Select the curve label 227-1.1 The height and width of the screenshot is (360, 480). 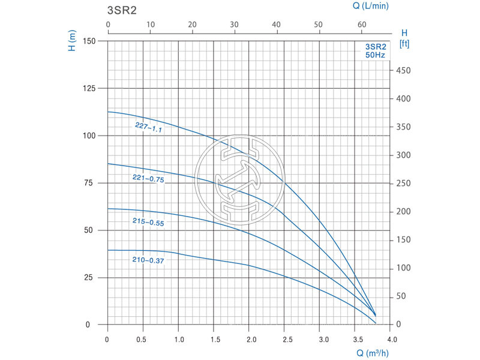[149, 127]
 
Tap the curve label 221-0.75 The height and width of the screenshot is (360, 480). [148, 178]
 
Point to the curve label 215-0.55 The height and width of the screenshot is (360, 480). [148, 222]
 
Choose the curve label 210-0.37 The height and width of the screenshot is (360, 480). [148, 260]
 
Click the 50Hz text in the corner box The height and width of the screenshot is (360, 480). [376, 55]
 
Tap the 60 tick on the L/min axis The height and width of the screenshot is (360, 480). [362, 25]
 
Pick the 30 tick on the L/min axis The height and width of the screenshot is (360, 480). [235, 25]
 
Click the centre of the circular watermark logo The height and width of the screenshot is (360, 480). [239, 179]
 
